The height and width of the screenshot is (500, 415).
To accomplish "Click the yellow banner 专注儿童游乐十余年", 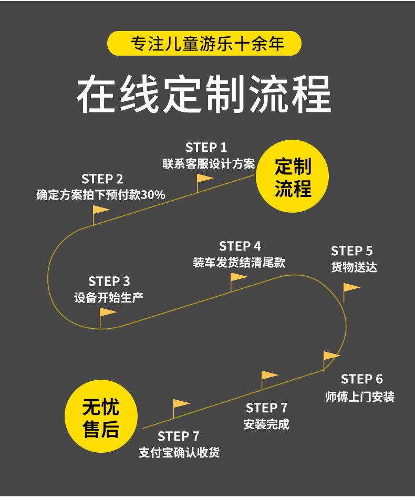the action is point(204,44).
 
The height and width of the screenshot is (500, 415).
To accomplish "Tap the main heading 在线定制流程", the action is point(204,94).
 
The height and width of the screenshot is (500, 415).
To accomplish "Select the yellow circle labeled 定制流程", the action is point(292,176).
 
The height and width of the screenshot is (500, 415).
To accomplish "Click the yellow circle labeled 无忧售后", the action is point(101,416).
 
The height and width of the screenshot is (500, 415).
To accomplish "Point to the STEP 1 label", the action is point(206,148).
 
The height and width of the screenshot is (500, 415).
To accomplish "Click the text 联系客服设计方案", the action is point(209,163).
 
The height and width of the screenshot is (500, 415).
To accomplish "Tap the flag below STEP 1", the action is point(204,183).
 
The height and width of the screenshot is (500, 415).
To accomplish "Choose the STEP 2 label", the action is point(102,179).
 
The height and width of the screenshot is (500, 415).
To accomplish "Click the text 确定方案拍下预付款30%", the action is point(101,194).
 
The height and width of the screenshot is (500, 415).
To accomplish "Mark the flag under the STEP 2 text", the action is point(101,215).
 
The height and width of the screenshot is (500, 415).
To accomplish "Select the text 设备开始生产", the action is point(109,297).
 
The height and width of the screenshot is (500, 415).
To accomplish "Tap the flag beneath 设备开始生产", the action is point(108,317).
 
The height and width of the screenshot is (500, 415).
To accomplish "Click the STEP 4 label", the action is point(240,246).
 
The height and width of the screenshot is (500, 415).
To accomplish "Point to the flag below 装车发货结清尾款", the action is point(238,282).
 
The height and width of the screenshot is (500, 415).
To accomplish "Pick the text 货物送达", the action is point(354,267).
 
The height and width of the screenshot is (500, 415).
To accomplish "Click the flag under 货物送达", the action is point(351,293).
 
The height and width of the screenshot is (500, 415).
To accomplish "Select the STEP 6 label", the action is point(362,379).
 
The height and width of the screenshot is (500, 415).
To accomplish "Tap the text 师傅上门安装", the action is point(360,397).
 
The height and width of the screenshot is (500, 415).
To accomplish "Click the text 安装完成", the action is point(266,424).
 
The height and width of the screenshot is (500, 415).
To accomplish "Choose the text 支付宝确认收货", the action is point(179,452).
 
